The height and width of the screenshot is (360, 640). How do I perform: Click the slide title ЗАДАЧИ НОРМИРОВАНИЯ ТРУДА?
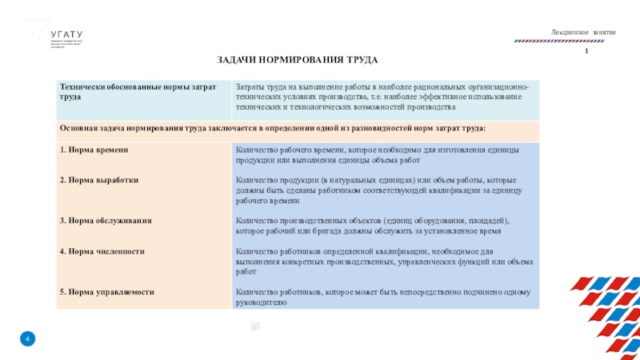tap(297, 61)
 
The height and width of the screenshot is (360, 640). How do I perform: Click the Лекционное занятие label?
tap(582, 31)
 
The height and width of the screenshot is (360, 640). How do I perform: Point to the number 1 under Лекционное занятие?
tap(586, 51)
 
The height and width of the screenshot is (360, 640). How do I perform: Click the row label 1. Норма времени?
tap(94, 150)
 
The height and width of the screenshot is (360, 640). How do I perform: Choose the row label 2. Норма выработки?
tap(99, 180)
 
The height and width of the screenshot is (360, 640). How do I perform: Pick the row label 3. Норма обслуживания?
tap(106, 219)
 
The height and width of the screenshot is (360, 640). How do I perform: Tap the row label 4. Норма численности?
tap(102, 251)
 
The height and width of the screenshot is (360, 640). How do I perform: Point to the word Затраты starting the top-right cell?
tap(250, 86)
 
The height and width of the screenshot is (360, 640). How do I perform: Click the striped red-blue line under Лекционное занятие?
tap(576, 40)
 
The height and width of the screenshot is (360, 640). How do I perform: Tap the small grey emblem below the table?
tap(255, 326)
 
